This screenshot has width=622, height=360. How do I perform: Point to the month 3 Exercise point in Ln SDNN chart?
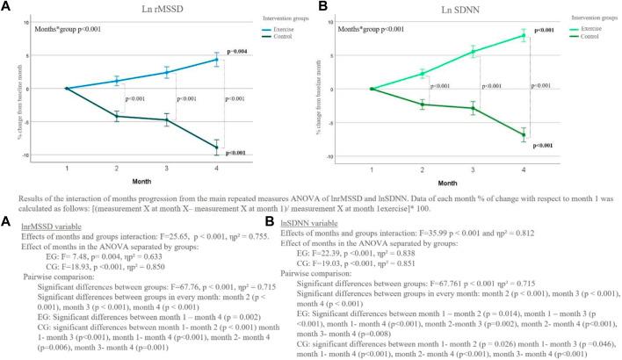480,52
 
